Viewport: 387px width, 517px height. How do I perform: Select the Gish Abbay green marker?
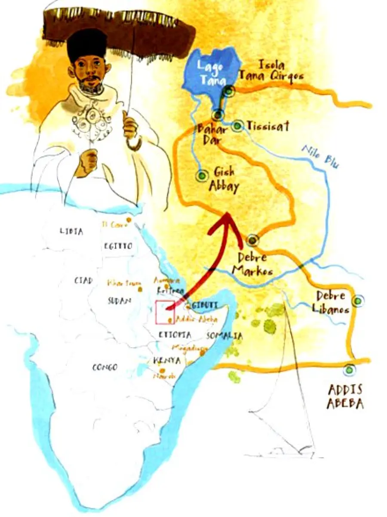point(201,176)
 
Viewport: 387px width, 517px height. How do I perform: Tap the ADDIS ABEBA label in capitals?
point(345,397)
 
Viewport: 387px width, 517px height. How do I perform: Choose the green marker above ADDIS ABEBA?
point(349,369)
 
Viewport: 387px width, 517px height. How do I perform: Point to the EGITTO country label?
point(118,246)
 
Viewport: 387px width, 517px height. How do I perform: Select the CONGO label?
point(105,367)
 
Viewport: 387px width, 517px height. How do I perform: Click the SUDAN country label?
point(119,301)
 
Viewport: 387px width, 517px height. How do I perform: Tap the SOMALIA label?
point(224,336)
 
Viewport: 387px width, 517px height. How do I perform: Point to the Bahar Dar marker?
point(218,115)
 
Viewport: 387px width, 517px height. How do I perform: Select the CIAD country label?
point(83,280)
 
